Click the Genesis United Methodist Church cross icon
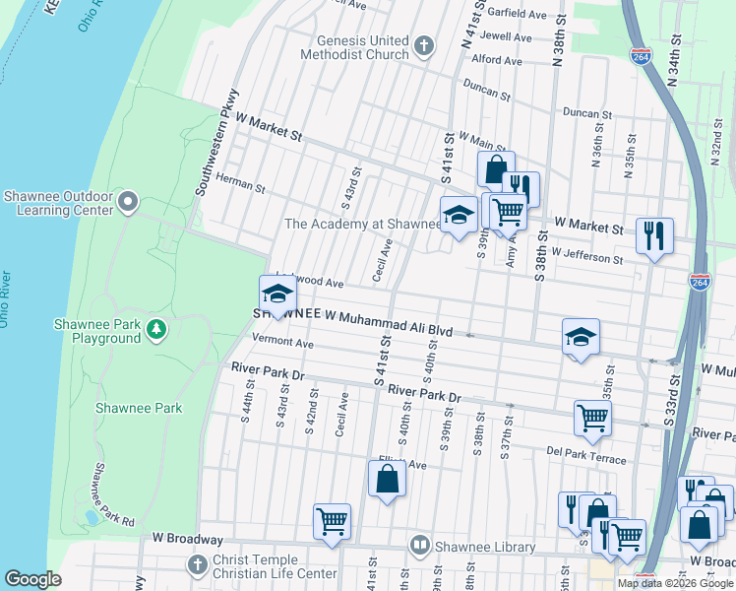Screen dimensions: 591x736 (x=424, y=45)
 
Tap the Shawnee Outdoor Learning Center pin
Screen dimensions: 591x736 (x=128, y=203)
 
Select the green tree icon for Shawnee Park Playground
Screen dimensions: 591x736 (x=155, y=329)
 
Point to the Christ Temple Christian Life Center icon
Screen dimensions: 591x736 (x=195, y=564)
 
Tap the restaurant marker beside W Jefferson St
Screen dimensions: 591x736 (x=654, y=236)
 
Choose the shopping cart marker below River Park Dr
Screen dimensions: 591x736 (x=592, y=417)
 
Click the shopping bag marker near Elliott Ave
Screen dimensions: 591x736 (x=387, y=479)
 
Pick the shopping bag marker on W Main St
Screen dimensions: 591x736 (x=496, y=168)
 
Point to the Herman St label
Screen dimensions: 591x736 (x=241, y=185)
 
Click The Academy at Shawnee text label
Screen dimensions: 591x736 (x=360, y=224)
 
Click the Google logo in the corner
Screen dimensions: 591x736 (x=33, y=578)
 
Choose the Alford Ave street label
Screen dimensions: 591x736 (x=497, y=60)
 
